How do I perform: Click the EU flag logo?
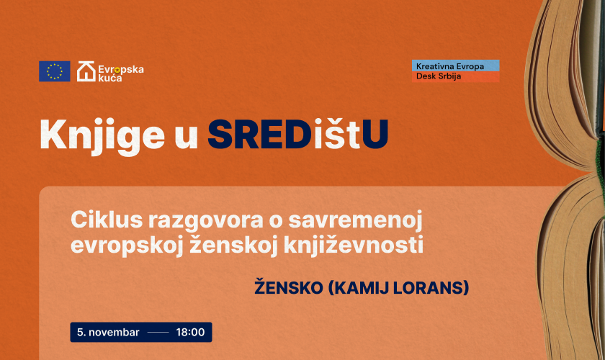pyautogui.click(x=55, y=71)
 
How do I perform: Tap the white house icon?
pyautogui.click(x=86, y=71)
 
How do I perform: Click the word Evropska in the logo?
pyautogui.click(x=121, y=69)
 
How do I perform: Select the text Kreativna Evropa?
pyautogui.click(x=450, y=66)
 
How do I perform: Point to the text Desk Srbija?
pyautogui.click(x=439, y=76)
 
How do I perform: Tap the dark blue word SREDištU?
pyautogui.click(x=298, y=134)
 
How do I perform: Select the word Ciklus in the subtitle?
pyautogui.click(x=107, y=220)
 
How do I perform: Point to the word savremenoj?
pyautogui.click(x=355, y=221)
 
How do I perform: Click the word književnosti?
pyautogui.click(x=354, y=246)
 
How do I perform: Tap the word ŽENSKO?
pyautogui.click(x=289, y=287)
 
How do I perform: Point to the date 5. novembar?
pyautogui.click(x=108, y=332)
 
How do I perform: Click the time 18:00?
pyautogui.click(x=190, y=332)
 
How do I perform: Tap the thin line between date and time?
pyautogui.click(x=158, y=332)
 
